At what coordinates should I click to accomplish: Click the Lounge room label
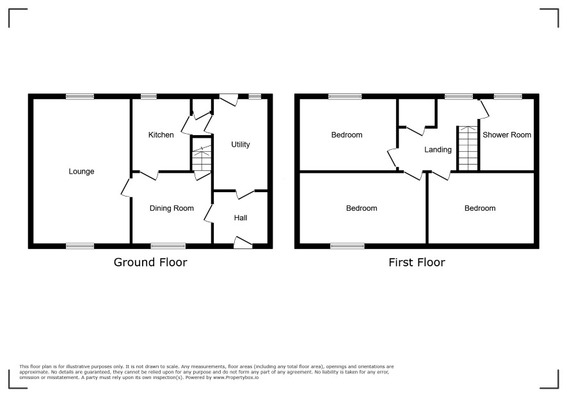[x=81, y=171]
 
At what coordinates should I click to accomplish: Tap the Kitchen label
[x=161, y=134]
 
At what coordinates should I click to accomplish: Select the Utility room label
[x=241, y=145]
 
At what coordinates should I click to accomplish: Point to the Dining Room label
[x=172, y=208]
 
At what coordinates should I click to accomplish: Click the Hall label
[x=241, y=218]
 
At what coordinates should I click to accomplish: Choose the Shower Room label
[x=507, y=134]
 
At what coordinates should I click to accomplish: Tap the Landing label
[x=438, y=149]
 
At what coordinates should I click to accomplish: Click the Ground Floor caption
[x=150, y=262]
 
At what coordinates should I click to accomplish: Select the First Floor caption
[x=417, y=262]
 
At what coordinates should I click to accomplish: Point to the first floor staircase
[x=468, y=148]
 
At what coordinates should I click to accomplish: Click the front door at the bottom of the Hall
[x=243, y=243]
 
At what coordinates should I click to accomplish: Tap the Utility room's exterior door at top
[x=228, y=99]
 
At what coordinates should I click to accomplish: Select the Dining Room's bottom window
[x=168, y=246]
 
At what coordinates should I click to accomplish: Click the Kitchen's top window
[x=148, y=96]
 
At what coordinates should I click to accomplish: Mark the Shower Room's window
[x=508, y=96]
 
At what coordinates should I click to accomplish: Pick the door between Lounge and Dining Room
[x=127, y=187]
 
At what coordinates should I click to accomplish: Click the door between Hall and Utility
[x=246, y=194]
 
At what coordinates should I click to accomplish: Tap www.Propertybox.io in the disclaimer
[x=236, y=377]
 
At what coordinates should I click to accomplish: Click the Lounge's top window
[x=80, y=96]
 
